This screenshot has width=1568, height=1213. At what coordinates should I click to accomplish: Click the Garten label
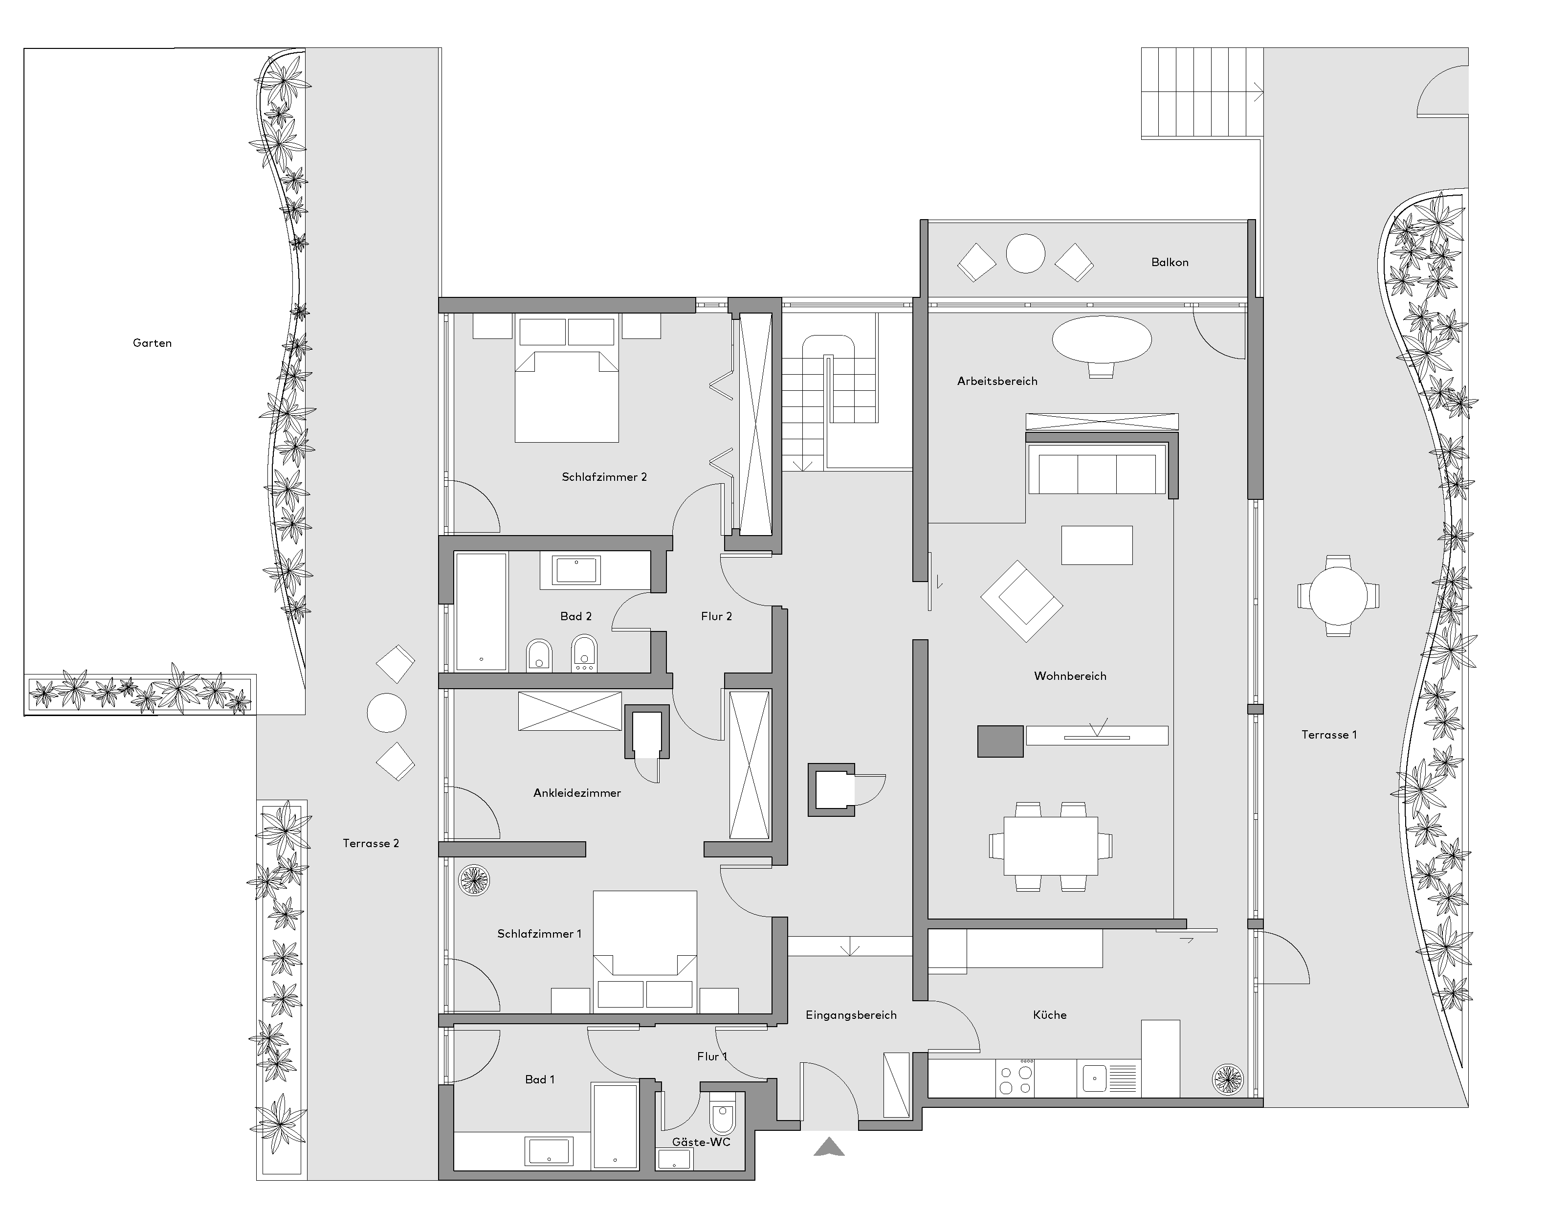152,343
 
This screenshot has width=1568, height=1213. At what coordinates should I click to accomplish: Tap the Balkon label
1170,263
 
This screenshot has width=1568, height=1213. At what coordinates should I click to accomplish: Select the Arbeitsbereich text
997,382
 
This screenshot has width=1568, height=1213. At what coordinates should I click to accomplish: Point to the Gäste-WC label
701,1142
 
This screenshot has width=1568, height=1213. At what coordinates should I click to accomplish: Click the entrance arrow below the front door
829,1146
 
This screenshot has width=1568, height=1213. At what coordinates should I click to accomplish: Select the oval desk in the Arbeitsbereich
1102,339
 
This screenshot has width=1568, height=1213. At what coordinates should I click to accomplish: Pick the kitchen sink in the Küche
1094,1078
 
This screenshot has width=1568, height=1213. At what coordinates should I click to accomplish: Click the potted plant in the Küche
1227,1078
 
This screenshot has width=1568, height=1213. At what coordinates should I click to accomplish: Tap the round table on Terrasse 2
386,713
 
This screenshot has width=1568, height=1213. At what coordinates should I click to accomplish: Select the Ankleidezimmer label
577,793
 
